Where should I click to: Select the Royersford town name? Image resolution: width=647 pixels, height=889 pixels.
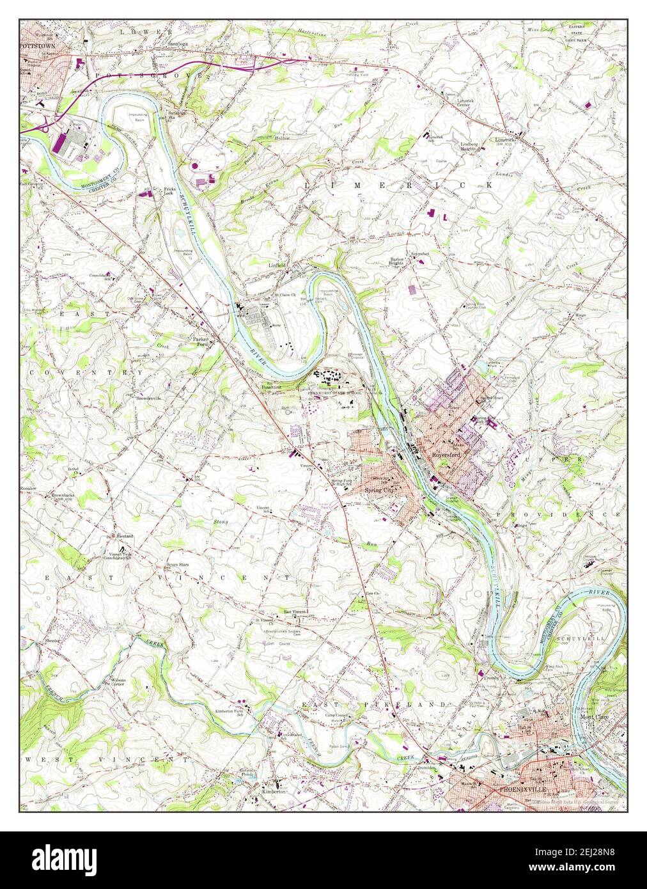tap(447, 454)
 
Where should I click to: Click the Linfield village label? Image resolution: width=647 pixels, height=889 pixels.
tap(276, 264)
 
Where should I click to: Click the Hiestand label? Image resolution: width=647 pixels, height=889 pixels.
tap(125, 535)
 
